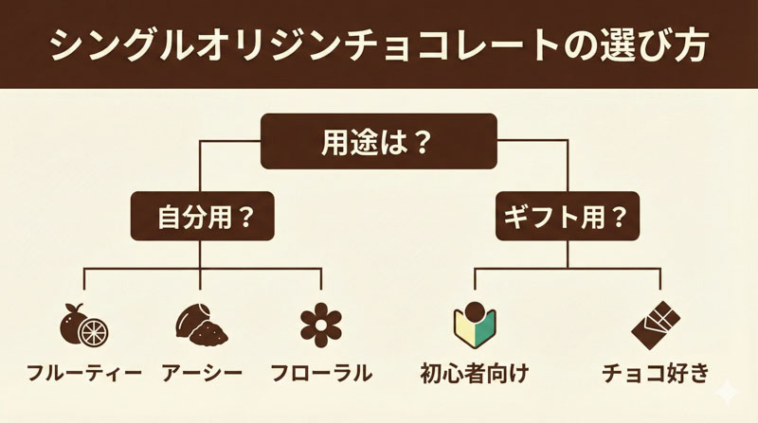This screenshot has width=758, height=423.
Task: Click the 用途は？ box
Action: point(379,142)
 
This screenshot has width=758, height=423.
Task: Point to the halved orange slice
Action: point(93,331)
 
